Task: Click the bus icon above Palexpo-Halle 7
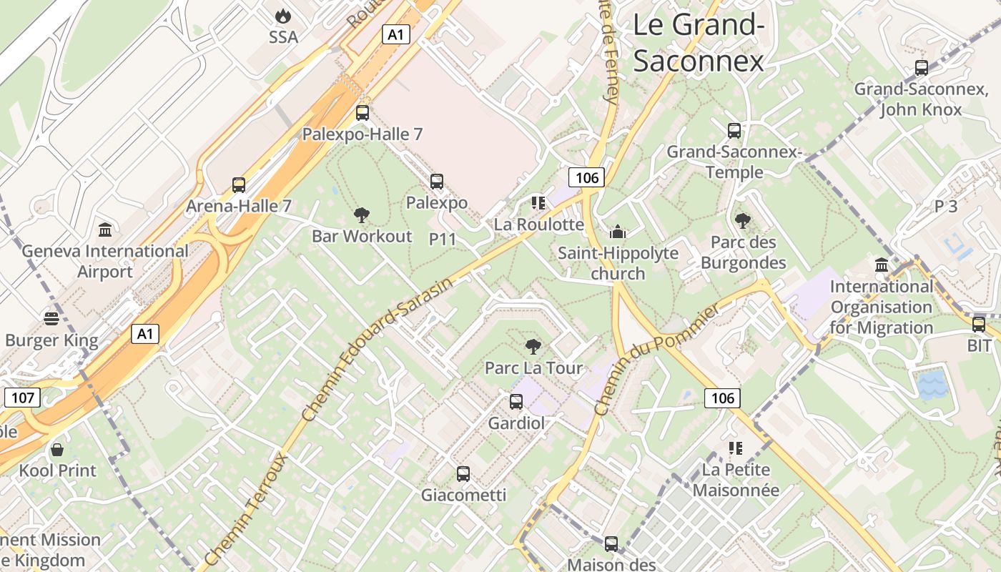363,112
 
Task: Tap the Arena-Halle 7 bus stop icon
239,185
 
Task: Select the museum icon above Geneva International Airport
106,230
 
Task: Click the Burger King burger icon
51,318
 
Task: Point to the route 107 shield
22,398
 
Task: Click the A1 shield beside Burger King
145,333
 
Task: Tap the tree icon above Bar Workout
362,214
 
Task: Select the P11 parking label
443,240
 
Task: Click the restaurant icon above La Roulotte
538,203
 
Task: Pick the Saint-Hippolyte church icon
617,232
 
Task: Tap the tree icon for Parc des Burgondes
743,221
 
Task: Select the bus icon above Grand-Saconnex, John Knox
922,68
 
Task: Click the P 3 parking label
945,207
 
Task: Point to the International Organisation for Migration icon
882,265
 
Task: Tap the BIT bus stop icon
979,324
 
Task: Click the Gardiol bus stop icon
516,402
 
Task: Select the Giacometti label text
463,495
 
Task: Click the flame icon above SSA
283,15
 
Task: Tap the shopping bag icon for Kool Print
57,450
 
